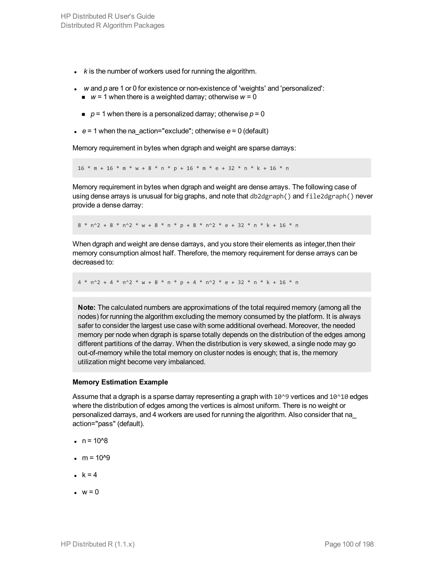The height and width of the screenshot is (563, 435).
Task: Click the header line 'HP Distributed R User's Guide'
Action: click(107, 16)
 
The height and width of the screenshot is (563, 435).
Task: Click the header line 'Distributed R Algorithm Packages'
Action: click(112, 25)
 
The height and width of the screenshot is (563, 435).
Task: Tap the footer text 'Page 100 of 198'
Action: click(349, 544)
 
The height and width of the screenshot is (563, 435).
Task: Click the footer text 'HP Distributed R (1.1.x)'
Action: click(98, 544)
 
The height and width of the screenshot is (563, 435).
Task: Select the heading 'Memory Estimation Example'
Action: click(120, 382)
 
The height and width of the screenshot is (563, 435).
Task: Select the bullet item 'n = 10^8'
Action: click(95, 441)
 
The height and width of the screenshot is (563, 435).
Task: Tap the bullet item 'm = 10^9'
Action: click(96, 458)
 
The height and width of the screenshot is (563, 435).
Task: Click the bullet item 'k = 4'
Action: click(89, 475)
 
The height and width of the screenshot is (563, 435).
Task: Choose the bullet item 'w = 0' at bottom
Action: click(90, 492)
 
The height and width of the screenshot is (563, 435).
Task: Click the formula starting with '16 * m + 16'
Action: click(183, 168)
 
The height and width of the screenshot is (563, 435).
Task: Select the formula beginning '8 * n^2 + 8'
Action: click(188, 225)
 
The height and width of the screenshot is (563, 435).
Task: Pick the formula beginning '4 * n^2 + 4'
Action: click(188, 282)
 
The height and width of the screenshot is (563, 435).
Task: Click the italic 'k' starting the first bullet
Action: click(85, 71)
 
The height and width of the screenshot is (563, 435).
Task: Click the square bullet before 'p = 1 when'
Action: click(83, 115)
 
